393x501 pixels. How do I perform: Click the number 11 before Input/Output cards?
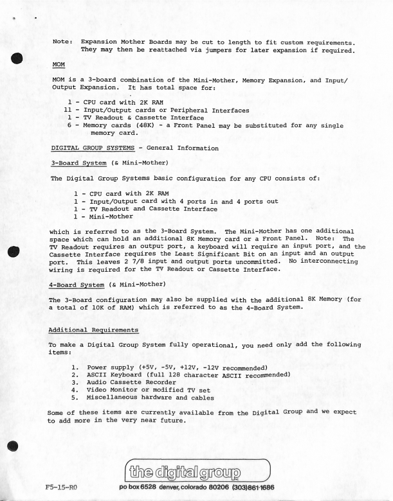[69, 110]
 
